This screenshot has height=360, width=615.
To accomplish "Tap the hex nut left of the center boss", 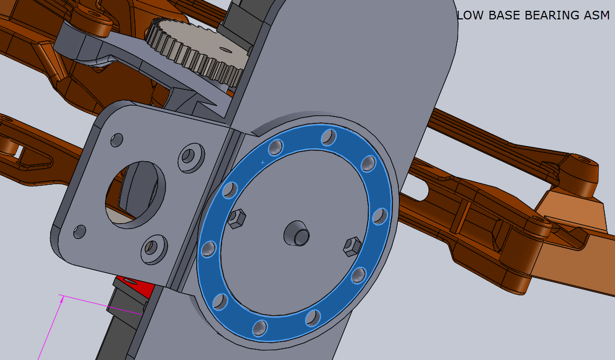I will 236,219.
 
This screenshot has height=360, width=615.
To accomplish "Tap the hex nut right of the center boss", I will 352,246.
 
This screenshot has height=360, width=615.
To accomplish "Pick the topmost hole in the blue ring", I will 327,137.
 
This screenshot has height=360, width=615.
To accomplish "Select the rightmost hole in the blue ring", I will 380,217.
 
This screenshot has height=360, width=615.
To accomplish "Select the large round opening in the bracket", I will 135,194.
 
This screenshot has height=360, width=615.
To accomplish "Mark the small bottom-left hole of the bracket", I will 79,232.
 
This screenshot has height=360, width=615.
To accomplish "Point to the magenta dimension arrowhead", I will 62,298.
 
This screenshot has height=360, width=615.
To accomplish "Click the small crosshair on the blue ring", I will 262,162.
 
